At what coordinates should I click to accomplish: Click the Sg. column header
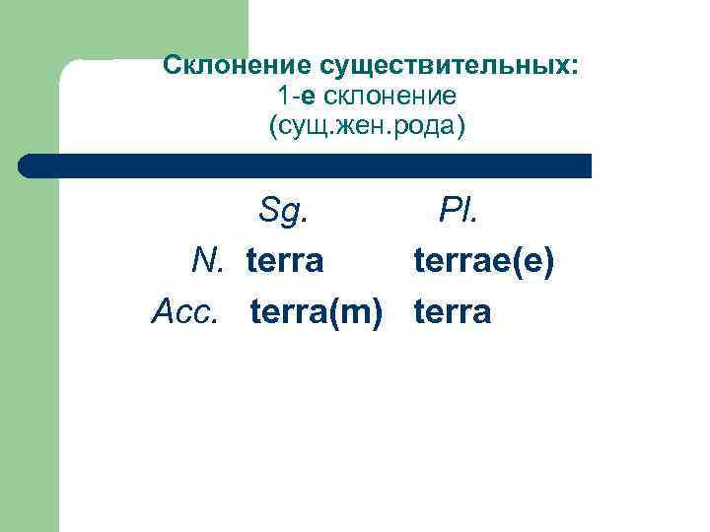[x=285, y=210]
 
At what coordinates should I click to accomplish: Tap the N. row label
[x=209, y=261]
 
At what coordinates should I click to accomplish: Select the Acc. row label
[x=184, y=312]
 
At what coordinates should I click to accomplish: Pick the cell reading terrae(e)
[x=484, y=261]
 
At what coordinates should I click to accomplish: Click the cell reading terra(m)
[x=316, y=312]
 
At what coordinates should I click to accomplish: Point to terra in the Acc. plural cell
[x=452, y=312]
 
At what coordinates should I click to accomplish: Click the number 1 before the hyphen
[x=283, y=97]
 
